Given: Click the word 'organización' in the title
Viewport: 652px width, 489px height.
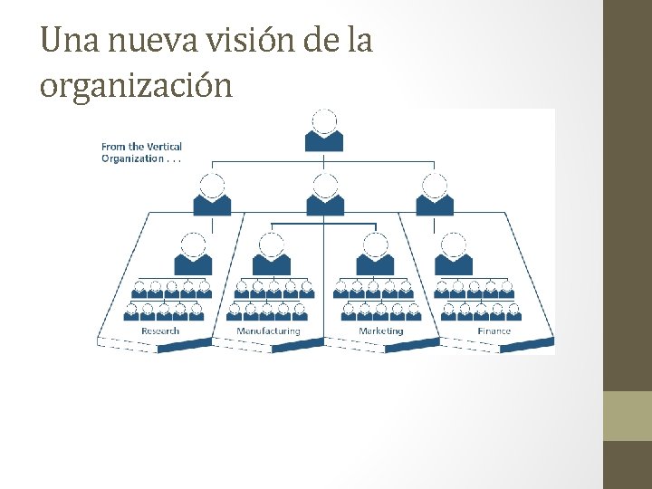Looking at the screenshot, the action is [136, 86].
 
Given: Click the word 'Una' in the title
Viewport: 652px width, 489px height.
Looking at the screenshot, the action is [65, 41].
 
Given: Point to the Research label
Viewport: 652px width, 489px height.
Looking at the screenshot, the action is [160, 331].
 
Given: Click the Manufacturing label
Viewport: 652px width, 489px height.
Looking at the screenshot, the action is [268, 331].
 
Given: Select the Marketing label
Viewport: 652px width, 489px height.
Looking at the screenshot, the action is [381, 331].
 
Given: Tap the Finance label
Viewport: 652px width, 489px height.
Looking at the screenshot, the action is [494, 331].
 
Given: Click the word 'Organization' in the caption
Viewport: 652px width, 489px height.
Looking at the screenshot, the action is [131, 158].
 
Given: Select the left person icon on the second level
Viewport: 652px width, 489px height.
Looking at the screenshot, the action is [212, 195].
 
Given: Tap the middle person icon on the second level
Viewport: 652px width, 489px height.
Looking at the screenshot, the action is [324, 195].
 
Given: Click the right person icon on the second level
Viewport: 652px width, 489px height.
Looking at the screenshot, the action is [435, 195].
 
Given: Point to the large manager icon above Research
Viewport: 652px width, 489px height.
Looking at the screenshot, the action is [193, 254].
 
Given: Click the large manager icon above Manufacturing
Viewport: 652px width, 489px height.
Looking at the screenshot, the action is [272, 254].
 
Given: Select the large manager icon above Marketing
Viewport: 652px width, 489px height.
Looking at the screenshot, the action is [375, 254].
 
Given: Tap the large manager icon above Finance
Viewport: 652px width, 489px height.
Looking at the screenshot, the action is [454, 254].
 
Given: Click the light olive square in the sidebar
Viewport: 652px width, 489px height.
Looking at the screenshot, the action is [628, 416].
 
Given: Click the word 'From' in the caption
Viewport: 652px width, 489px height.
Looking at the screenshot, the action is [113, 147].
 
